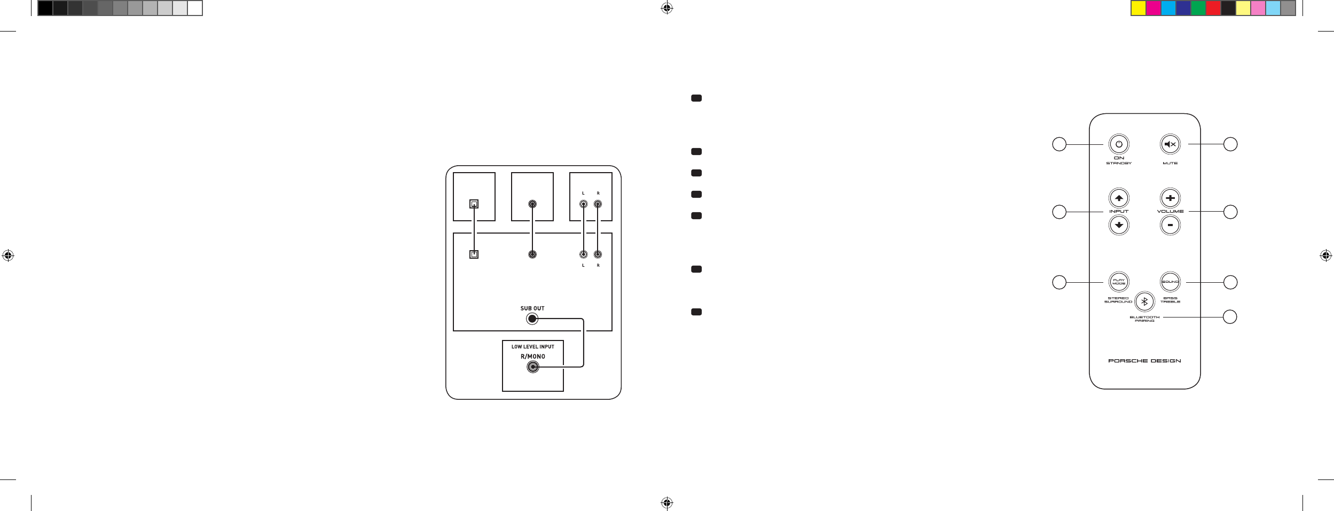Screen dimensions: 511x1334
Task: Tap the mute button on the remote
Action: pos(1170,144)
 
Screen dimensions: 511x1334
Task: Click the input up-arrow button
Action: pos(1119,198)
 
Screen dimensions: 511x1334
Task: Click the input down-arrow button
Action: pos(1119,225)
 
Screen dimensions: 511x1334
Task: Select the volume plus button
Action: pos(1170,198)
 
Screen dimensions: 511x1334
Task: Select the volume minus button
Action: pos(1170,225)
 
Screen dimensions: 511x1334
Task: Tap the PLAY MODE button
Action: pos(1119,282)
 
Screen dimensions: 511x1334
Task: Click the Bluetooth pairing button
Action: pos(1144,301)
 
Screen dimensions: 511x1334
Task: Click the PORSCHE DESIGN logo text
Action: pos(1144,361)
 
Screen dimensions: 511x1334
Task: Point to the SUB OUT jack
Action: pos(532,319)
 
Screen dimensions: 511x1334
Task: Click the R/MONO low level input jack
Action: pos(532,367)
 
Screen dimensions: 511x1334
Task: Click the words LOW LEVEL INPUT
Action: pos(532,347)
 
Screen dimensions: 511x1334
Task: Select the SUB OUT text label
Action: pos(532,308)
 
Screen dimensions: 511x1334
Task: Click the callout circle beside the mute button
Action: pos(1230,144)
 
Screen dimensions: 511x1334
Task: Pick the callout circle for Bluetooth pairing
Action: pos(1230,317)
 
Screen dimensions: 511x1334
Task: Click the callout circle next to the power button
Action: pos(1059,144)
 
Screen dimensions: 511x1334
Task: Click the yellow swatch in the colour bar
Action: pos(1139,8)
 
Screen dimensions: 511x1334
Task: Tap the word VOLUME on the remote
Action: pos(1170,212)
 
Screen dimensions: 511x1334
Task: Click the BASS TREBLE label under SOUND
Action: pos(1170,300)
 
